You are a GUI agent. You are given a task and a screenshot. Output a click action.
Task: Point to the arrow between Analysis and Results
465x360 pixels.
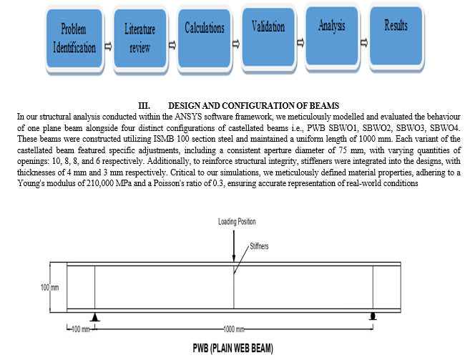(363, 42)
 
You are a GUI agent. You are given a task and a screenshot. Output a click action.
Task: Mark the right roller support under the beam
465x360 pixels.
(373, 316)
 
